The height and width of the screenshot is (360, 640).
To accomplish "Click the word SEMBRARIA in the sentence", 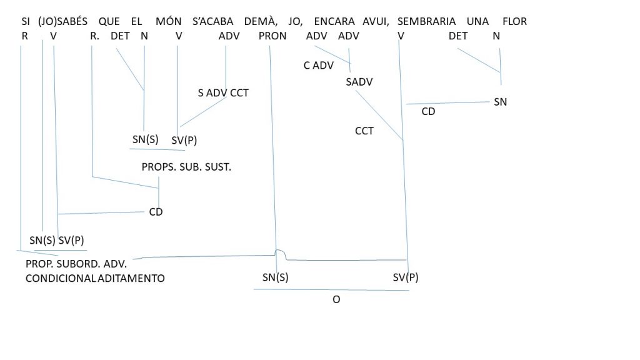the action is (426, 21).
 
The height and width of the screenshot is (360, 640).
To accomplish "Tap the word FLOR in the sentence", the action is (514, 21).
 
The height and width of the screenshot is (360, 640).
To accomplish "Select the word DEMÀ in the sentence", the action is (259, 21).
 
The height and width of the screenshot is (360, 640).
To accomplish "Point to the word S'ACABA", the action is (212, 21).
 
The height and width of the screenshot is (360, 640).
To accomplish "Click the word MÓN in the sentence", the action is (168, 21).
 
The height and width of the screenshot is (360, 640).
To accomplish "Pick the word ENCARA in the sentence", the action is (334, 21).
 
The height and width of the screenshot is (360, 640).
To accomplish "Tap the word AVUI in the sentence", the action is (375, 21).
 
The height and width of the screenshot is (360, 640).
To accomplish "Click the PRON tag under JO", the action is (272, 36).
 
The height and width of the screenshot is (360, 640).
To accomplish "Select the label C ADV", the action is (318, 65).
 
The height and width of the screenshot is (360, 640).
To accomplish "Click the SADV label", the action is (359, 82).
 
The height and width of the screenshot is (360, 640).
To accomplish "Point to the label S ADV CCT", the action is (223, 93).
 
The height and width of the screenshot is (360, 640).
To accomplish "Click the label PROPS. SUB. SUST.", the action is (186, 167).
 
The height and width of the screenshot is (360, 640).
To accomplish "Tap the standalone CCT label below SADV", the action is (364, 131).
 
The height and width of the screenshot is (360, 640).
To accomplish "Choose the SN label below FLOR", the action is (500, 102).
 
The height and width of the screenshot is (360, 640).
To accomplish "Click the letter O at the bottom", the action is (336, 299).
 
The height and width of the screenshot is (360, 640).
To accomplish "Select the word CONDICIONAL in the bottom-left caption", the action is (61, 278).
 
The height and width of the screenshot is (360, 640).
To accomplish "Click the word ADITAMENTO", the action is (131, 278).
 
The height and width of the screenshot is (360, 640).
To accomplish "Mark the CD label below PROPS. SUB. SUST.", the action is (156, 212).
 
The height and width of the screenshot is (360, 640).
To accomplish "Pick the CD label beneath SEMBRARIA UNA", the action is (428, 111).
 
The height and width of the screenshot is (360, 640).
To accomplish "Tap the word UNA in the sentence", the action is (477, 21).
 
